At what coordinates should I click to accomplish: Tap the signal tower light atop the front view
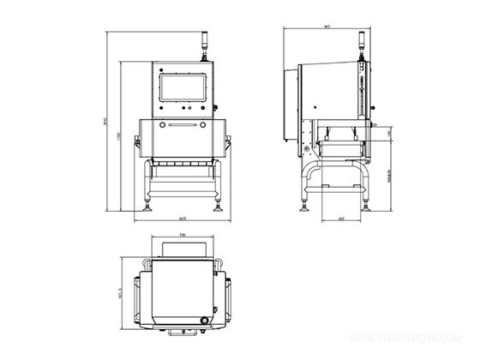(x=203, y=43)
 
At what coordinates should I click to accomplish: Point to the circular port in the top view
(x=204, y=321)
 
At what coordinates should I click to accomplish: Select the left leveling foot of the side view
(x=306, y=204)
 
